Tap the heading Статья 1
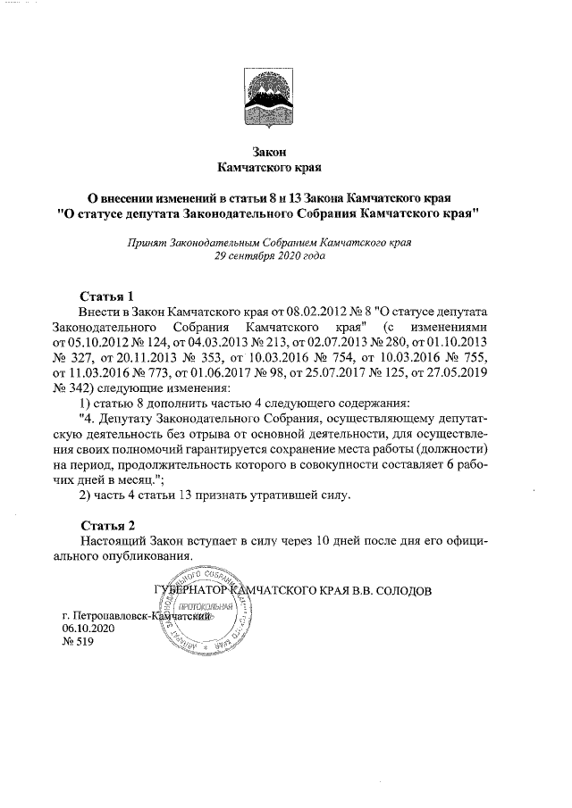pyautogui.click(x=105, y=296)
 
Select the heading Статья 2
pyautogui.click(x=105, y=524)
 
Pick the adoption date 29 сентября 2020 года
pyautogui.click(x=271, y=255)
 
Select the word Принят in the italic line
pyautogui.click(x=147, y=242)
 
